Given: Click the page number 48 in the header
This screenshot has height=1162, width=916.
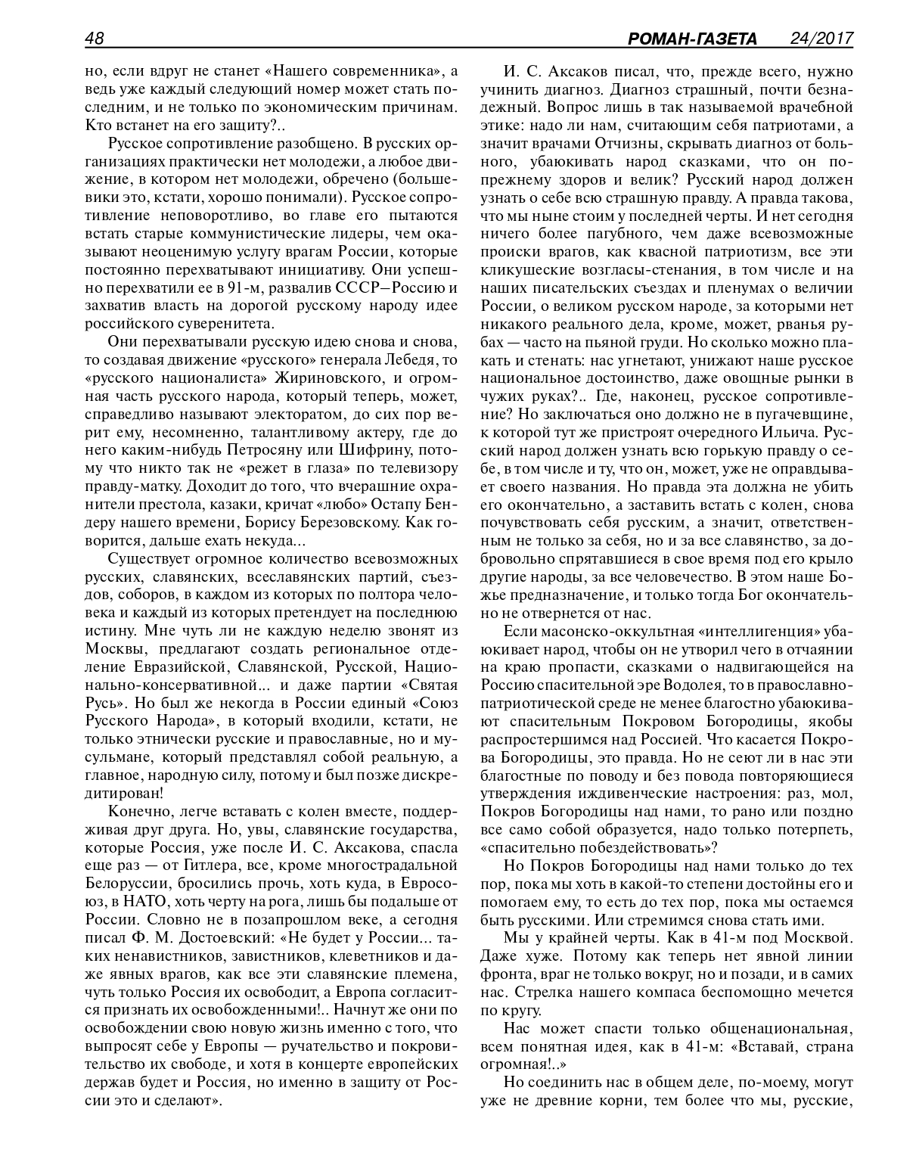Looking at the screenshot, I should point(95,38).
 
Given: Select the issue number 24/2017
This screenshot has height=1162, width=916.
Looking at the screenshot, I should point(821,38).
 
